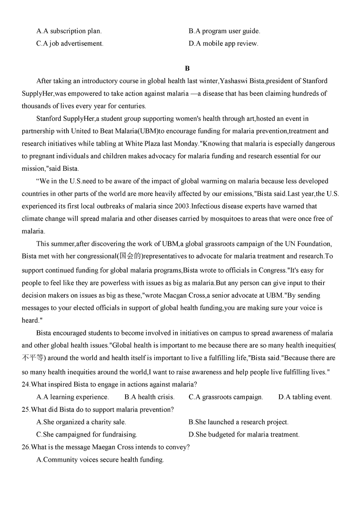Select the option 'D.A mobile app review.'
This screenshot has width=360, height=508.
point(223,44)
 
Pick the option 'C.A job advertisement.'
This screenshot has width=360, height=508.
point(70,44)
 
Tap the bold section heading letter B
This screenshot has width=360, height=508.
point(187,68)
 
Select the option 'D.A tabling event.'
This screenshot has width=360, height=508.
point(305,397)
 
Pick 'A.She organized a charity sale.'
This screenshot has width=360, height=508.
point(81,422)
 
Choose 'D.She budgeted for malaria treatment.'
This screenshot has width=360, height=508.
point(244,435)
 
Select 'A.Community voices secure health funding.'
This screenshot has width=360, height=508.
point(100,460)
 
